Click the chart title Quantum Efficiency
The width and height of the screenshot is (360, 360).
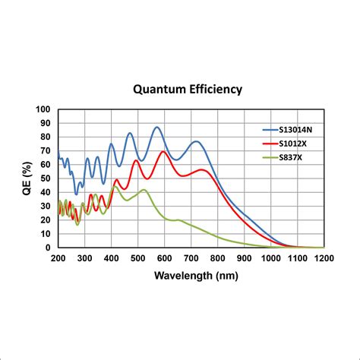click(x=188, y=89)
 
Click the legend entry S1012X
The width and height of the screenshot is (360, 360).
click(x=297, y=144)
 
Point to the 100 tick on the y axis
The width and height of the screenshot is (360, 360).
click(x=44, y=109)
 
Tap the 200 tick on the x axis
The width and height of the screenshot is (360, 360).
click(x=58, y=258)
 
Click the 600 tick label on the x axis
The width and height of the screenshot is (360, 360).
click(x=165, y=258)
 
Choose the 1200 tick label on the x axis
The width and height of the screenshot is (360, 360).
click(x=324, y=258)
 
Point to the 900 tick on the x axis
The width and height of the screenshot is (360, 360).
click(x=245, y=258)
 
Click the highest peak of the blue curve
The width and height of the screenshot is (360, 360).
click(x=157, y=127)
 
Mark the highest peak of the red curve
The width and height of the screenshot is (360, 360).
click(x=163, y=151)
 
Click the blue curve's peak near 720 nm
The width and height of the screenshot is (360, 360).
click(x=197, y=141)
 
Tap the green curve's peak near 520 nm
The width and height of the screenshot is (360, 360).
click(x=143, y=190)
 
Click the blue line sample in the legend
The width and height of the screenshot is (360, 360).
click(x=272, y=130)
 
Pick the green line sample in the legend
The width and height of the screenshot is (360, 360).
click(x=272, y=156)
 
